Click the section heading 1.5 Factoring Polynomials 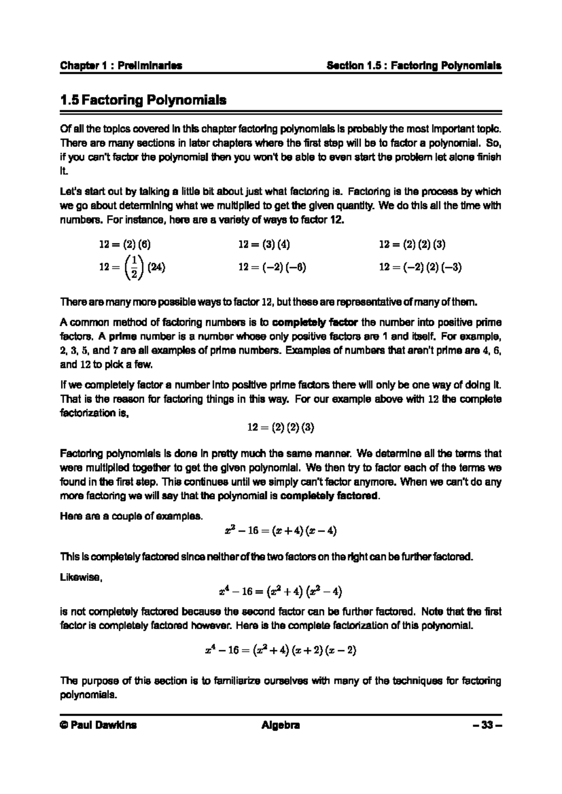[x=143, y=100]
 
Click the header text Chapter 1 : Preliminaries [x=121, y=66]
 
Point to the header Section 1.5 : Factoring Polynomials [x=414, y=66]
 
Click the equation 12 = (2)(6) [x=125, y=244]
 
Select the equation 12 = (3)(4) [x=264, y=244]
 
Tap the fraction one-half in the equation [x=134, y=267]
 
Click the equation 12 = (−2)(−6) [x=272, y=267]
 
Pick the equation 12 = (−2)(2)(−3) [x=420, y=267]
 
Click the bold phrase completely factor [x=315, y=323]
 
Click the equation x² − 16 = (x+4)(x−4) [x=281, y=530]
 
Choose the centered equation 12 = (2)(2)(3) [x=281, y=427]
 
